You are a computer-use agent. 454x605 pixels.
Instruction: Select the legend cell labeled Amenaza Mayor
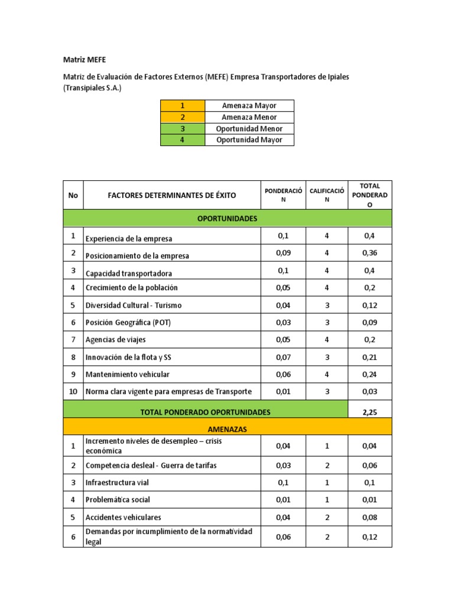[249, 106]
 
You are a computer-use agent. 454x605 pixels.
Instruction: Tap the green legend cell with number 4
[183, 140]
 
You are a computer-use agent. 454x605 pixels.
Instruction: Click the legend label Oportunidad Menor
[249, 129]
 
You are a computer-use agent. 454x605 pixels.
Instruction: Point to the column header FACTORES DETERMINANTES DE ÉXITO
[172, 195]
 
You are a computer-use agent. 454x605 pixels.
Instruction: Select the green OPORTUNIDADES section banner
[227, 219]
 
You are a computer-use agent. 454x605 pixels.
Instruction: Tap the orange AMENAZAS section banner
[227, 428]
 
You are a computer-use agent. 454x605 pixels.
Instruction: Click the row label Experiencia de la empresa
[129, 239]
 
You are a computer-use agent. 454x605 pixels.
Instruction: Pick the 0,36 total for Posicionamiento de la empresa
[369, 253]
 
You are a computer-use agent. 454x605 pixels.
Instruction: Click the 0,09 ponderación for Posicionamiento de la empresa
[283, 253]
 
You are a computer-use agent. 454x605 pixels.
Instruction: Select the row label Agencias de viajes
[116, 340]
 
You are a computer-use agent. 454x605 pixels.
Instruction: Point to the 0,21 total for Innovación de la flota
[369, 357]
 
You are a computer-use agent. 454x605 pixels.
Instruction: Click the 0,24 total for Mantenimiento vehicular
[369, 374]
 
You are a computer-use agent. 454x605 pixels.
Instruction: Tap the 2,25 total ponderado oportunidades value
[369, 411]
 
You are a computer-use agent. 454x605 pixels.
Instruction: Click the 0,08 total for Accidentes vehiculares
[369, 517]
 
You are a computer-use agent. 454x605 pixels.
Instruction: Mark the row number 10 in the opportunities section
[73, 391]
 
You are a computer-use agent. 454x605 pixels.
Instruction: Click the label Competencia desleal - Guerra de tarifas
[151, 466]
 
